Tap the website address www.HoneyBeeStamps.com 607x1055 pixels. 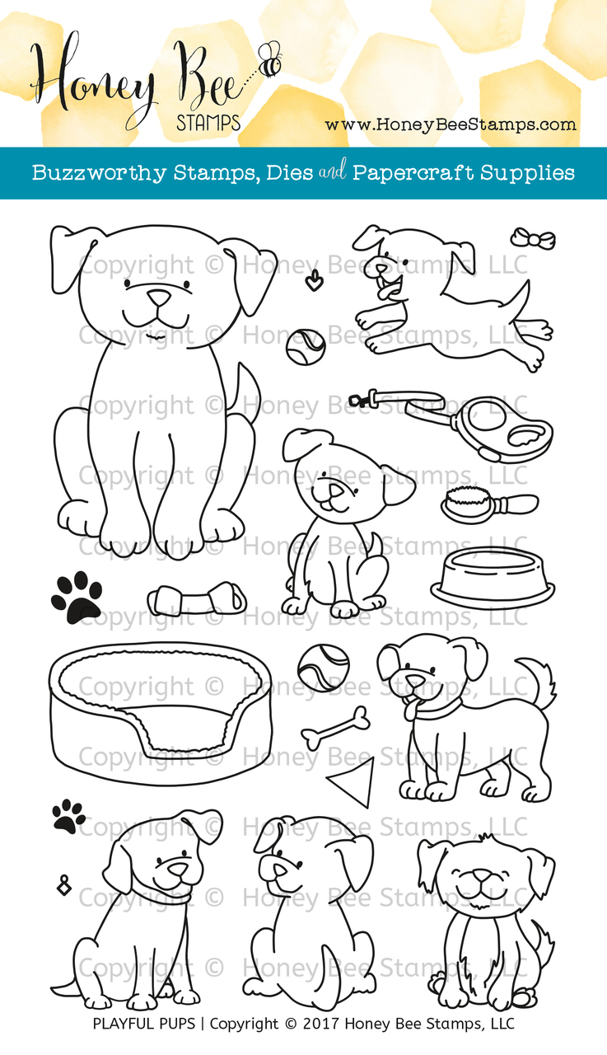[x=450, y=124]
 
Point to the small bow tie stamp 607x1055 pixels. [x=532, y=239]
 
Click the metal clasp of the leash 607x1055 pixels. [x=360, y=401]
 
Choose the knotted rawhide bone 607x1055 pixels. [x=197, y=598]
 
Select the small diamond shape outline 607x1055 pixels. [x=62, y=885]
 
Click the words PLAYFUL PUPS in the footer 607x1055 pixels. [x=147, y=1025]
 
